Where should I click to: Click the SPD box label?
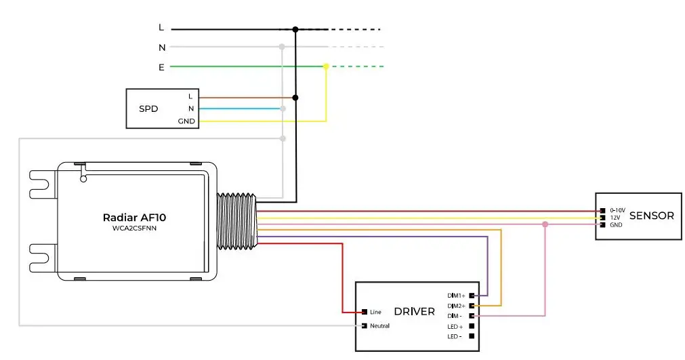(148, 108)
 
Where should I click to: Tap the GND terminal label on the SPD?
(186, 121)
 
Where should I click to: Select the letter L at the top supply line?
(161, 28)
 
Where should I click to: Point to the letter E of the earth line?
(161, 67)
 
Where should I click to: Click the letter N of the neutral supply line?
(162, 47)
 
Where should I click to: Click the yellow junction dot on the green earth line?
(326, 66)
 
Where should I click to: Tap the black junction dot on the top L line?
(295, 29)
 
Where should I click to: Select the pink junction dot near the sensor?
(545, 224)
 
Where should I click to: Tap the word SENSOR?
(651, 216)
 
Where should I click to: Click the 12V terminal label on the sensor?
(615, 218)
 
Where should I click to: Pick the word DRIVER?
(414, 312)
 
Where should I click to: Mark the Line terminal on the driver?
(365, 312)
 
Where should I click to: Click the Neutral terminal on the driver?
(365, 326)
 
